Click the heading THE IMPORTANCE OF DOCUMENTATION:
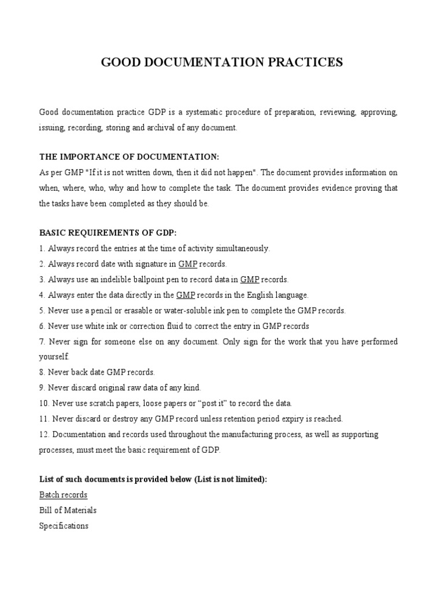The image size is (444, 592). pyautogui.click(x=129, y=157)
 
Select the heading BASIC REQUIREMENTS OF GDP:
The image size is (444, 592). pyautogui.click(x=108, y=233)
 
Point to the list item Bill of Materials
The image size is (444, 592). pyautogui.click(x=68, y=510)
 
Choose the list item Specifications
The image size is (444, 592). pyautogui.click(x=64, y=526)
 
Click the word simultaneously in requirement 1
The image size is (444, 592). pyautogui.click(x=240, y=249)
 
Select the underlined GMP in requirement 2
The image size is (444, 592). pyautogui.click(x=188, y=264)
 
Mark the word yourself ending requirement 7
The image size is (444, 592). pyautogui.click(x=54, y=357)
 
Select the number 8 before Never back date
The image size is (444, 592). pyautogui.click(x=42, y=373)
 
